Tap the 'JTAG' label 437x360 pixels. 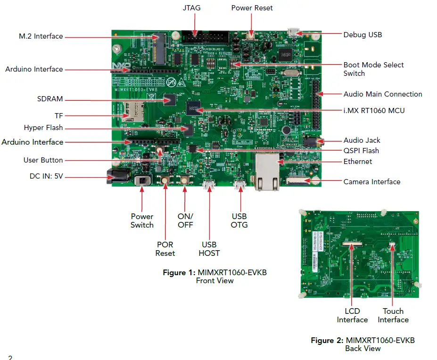pyautogui.click(x=191, y=8)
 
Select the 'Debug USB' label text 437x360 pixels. pyautogui.click(x=363, y=34)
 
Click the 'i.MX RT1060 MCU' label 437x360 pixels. pyautogui.click(x=374, y=110)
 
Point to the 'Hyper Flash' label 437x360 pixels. pyautogui.click(x=43, y=128)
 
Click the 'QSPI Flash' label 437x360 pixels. pyautogui.click(x=361, y=151)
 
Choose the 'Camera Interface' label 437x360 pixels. pyautogui.click(x=372, y=181)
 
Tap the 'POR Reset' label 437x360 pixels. pyautogui.click(x=165, y=249)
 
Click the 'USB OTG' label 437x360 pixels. pyautogui.click(x=239, y=221)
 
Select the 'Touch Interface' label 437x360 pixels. pyautogui.click(x=393, y=315)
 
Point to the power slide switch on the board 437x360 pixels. pyautogui.click(x=141, y=180)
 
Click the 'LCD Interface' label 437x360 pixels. pyautogui.click(x=352, y=315)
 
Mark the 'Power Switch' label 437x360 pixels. pyautogui.click(x=142, y=221)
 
